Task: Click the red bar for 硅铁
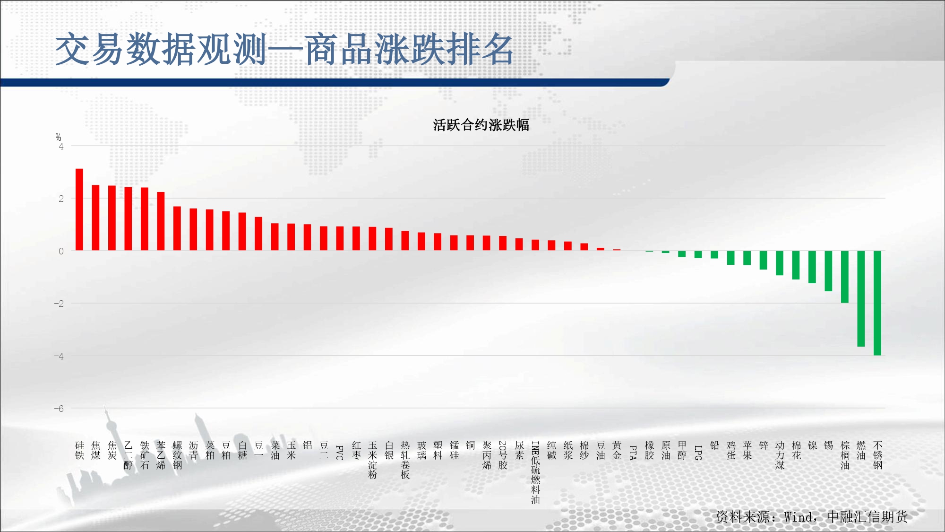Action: click(79, 209)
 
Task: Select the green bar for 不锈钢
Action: click(877, 303)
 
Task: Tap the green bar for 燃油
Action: click(861, 299)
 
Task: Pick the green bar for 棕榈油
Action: click(845, 277)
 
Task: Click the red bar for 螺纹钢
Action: click(177, 228)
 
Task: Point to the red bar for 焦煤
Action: click(95, 218)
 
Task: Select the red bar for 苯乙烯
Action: click(161, 221)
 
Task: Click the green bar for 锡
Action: click(828, 271)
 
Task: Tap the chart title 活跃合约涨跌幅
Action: click(481, 125)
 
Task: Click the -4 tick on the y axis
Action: click(59, 356)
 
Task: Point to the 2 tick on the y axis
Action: click(61, 199)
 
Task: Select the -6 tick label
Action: click(59, 409)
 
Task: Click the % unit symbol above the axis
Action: click(58, 137)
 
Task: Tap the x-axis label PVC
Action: click(340, 453)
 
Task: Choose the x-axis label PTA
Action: click(633, 453)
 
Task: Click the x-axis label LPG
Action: click(698, 453)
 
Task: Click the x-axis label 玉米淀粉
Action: click(373, 460)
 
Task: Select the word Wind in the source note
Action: click(799, 517)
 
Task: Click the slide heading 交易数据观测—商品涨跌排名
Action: click(284, 49)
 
